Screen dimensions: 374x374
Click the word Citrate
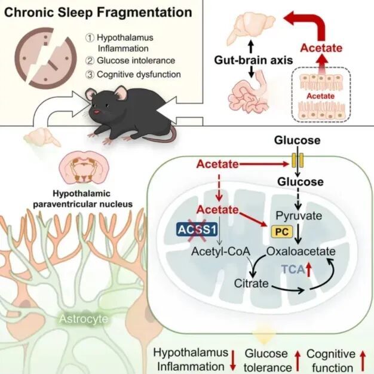click(251, 283)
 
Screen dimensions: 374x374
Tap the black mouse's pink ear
click(121, 93)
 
